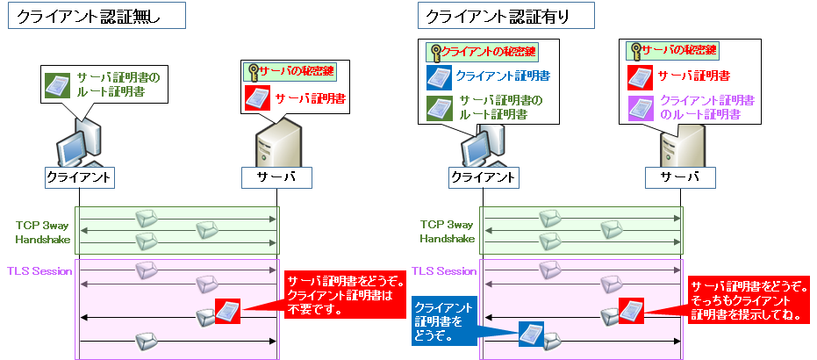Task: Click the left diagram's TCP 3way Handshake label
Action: (x=38, y=231)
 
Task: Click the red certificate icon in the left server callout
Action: (x=258, y=97)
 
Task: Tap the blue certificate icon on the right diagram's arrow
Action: (x=530, y=335)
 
